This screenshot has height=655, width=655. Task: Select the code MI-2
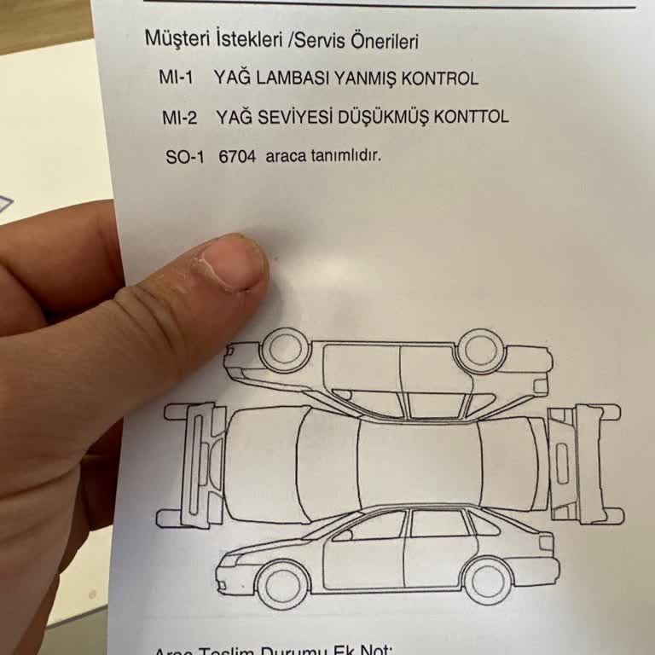[x=179, y=118]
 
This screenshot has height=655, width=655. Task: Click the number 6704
[x=237, y=157]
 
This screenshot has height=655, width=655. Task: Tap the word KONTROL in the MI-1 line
[x=439, y=78]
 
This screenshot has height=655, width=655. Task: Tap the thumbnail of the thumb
[x=232, y=264]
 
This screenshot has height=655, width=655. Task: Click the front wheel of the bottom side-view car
[x=282, y=583]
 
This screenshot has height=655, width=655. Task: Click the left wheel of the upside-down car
[x=284, y=350]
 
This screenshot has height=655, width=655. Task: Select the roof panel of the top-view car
[x=416, y=463]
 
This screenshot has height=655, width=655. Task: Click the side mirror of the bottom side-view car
[x=343, y=535]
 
